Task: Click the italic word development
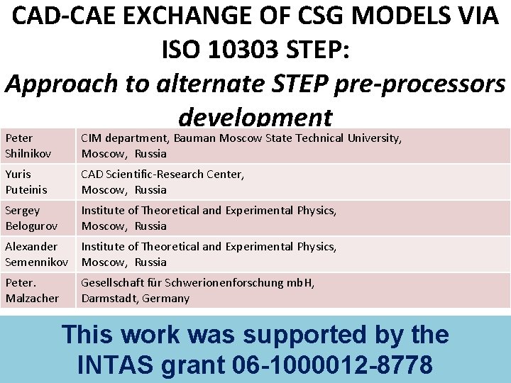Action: [x=255, y=116]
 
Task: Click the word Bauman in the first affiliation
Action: [x=195, y=138]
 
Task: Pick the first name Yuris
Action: [x=18, y=174]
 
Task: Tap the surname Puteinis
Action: [x=26, y=189]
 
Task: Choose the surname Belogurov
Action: [x=31, y=226]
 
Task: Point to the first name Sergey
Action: [x=22, y=211]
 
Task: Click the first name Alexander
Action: [x=31, y=247]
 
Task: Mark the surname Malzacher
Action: [x=33, y=298]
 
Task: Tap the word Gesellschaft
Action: [x=110, y=283]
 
